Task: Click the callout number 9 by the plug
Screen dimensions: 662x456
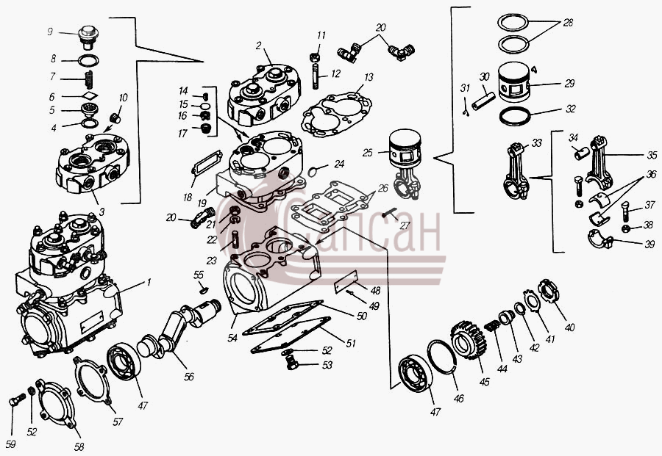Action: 50,32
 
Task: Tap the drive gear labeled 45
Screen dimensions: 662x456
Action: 469,340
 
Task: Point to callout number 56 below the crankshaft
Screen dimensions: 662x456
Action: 189,377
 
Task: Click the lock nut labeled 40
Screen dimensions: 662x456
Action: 549,292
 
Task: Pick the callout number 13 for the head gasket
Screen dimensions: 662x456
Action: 369,77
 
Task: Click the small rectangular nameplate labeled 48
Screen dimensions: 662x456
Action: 346,281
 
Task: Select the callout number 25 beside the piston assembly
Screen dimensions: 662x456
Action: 367,153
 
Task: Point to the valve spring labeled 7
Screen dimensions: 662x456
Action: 89,79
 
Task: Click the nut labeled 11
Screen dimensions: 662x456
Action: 314,57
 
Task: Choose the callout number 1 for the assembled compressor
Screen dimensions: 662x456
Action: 148,283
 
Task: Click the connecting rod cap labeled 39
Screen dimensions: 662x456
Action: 600,239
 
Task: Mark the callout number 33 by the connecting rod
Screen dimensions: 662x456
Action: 536,143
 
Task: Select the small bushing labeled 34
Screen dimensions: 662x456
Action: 582,153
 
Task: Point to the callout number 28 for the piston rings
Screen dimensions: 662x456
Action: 568,22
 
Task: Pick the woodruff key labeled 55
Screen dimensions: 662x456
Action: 204,290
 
